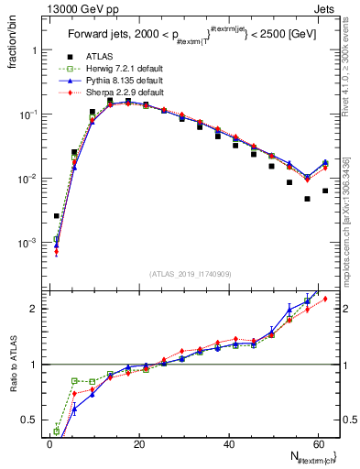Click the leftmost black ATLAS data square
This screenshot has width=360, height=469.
[x=57, y=216]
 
